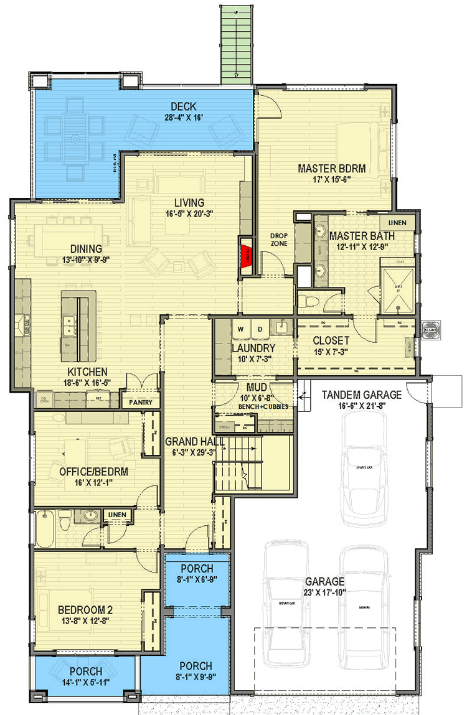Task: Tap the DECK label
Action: [184, 105]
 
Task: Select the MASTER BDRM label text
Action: [331, 168]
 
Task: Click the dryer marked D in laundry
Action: [261, 328]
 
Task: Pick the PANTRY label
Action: [140, 403]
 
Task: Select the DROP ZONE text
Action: [278, 240]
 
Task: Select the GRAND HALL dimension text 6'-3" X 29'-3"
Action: [190, 452]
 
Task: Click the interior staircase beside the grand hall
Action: [252, 464]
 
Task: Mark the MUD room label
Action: [253, 387]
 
